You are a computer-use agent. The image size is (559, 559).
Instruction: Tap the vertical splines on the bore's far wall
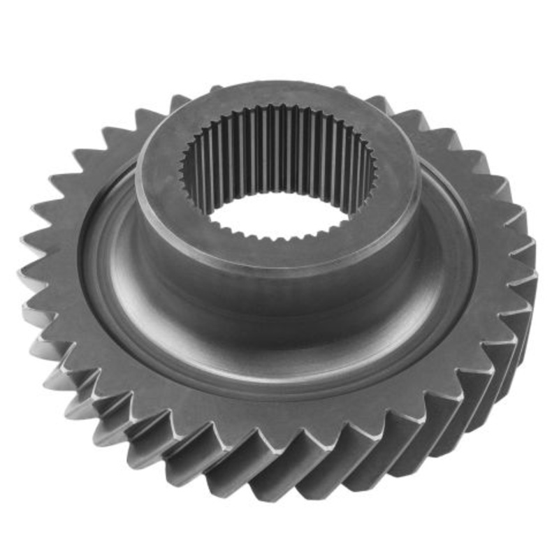click(x=279, y=143)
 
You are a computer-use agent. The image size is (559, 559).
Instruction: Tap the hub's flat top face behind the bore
click(x=279, y=94)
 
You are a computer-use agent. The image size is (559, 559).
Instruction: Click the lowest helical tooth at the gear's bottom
click(x=279, y=482)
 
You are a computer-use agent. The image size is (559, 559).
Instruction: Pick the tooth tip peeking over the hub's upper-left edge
click(x=178, y=103)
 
